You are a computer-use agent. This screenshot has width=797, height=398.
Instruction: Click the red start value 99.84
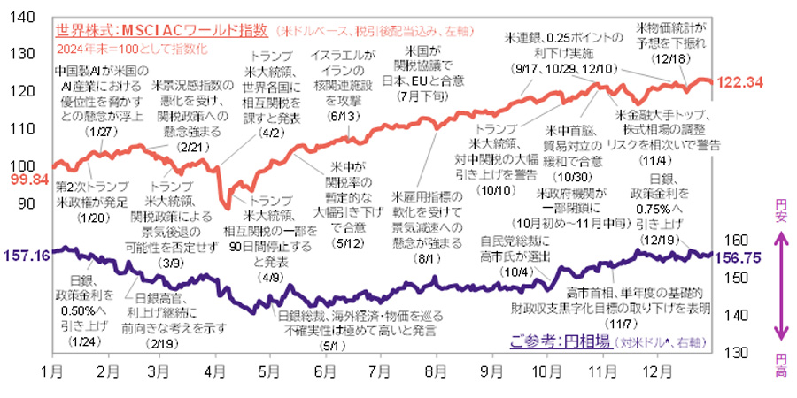(x=26, y=179)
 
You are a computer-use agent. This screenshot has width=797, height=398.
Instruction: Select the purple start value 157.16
(x=26, y=256)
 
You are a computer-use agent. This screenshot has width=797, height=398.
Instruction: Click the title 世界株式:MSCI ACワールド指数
(x=161, y=31)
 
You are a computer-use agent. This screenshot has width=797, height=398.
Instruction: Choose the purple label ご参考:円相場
(x=560, y=341)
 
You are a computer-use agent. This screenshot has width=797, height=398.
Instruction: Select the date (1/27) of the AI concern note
(x=96, y=131)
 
